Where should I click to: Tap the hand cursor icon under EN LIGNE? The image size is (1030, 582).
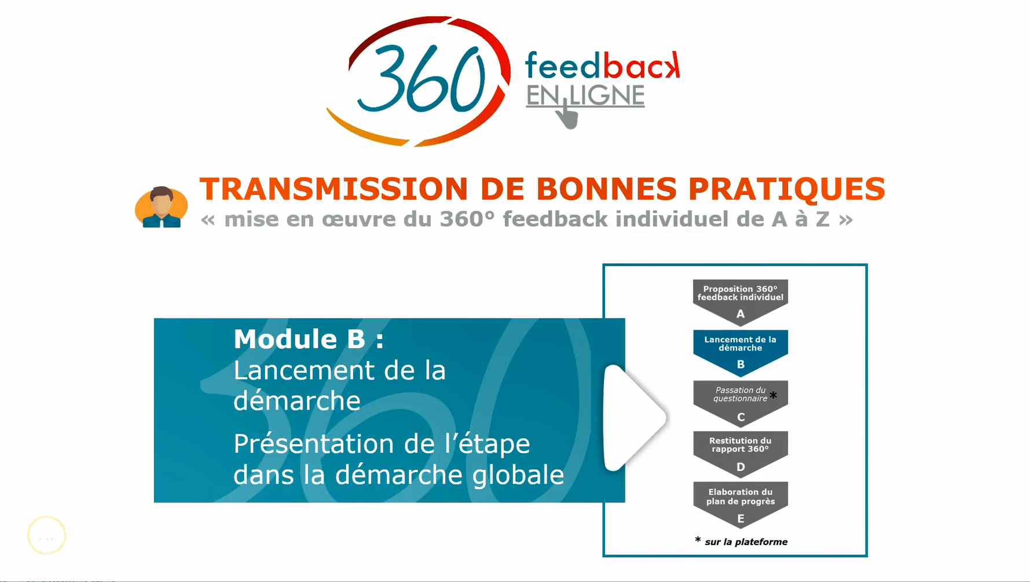click(567, 113)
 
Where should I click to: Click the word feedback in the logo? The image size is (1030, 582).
click(602, 65)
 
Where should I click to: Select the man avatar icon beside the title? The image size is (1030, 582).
click(161, 207)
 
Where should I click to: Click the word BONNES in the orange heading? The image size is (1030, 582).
click(606, 189)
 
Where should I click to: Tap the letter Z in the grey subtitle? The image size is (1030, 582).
click(823, 219)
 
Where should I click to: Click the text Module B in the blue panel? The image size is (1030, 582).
click(299, 339)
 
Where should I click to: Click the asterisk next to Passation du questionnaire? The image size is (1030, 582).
click(773, 396)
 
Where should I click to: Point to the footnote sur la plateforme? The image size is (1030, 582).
click(746, 542)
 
